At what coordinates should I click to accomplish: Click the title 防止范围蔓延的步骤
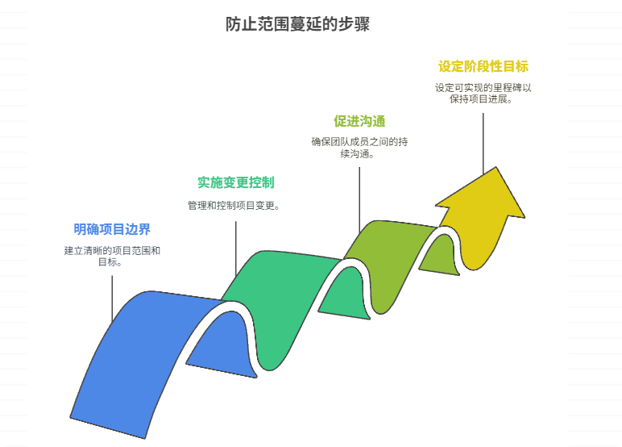(298, 23)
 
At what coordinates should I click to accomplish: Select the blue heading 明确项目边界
(112, 229)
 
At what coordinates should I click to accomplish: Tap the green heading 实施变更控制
(235, 182)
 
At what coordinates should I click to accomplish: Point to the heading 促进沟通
(359, 121)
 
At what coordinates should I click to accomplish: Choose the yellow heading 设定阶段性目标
(483, 66)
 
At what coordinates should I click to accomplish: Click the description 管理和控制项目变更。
(234, 206)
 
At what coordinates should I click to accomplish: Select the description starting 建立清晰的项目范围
(112, 250)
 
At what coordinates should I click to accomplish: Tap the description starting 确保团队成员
(359, 142)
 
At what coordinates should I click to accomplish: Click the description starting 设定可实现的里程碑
(483, 88)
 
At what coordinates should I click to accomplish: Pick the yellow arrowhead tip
(493, 171)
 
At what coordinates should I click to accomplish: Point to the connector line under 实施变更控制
(235, 246)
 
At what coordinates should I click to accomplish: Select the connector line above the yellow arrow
(483, 141)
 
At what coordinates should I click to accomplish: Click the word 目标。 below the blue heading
(110, 261)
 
